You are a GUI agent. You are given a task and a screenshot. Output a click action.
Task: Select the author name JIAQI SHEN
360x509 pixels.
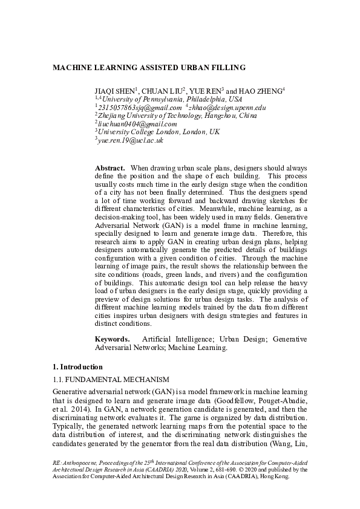[114, 91]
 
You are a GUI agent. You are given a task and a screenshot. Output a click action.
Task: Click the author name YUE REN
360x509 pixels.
[206, 91]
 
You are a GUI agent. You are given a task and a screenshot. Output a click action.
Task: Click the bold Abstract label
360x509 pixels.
[110, 167]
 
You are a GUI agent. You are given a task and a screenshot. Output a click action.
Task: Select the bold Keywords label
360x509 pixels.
[113, 339]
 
